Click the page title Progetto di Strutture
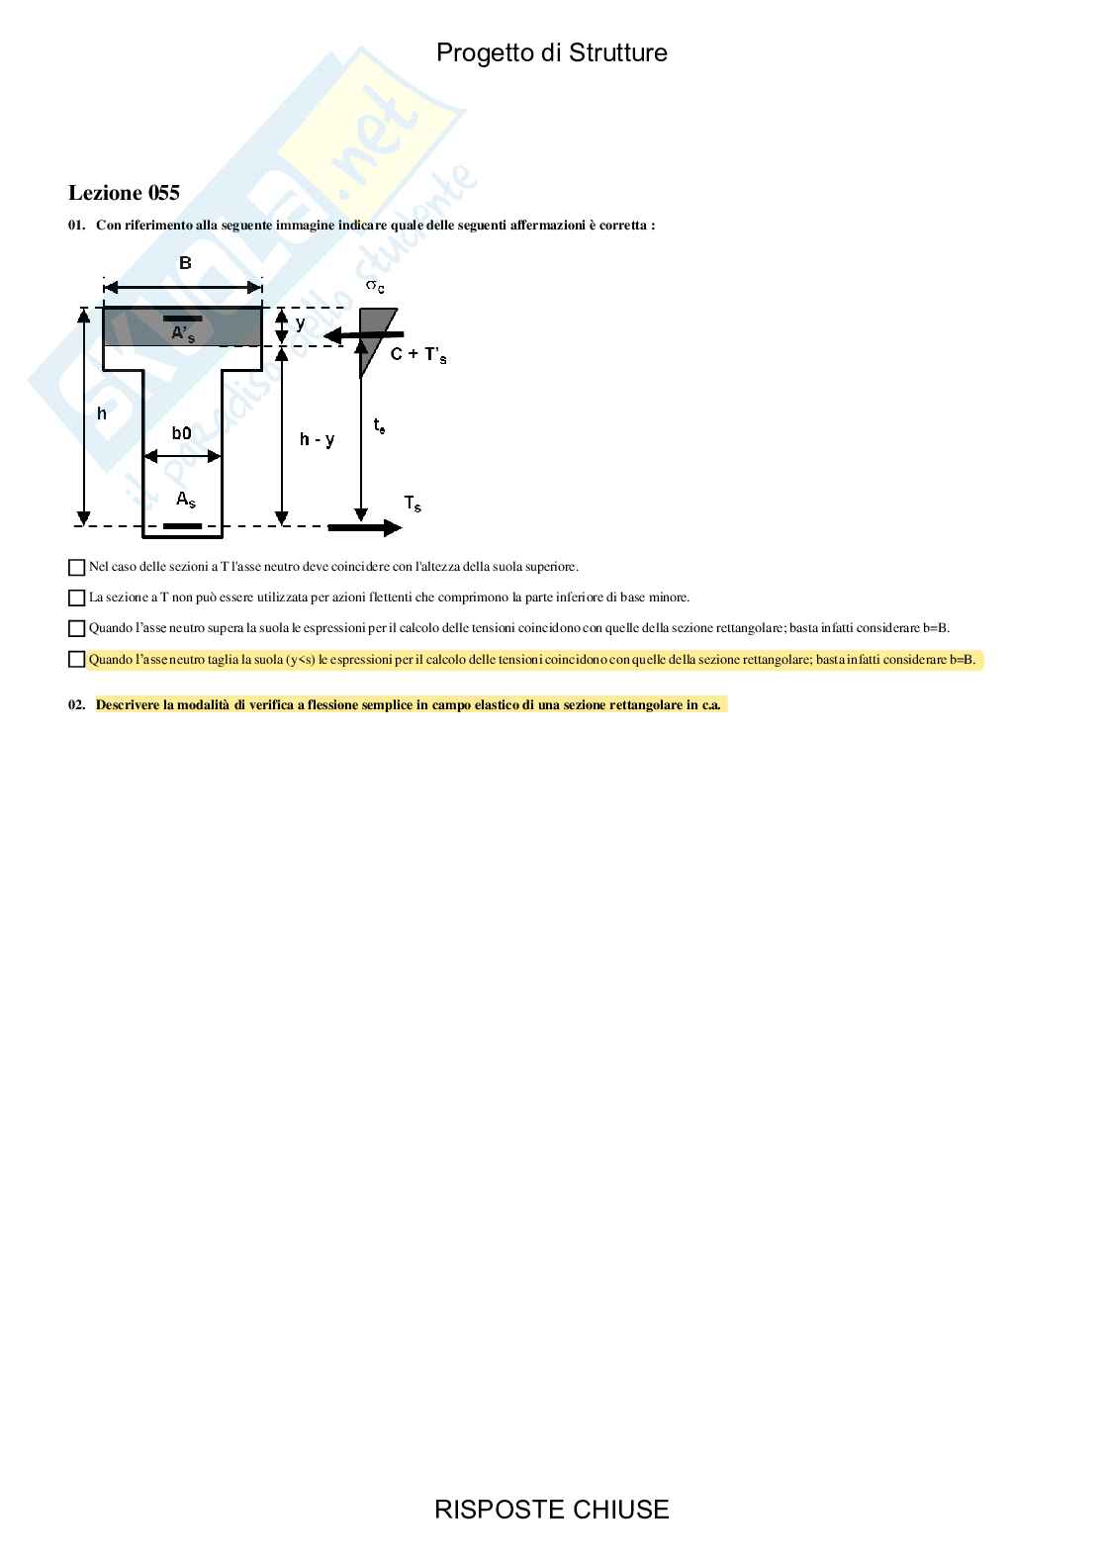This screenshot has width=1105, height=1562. [x=551, y=53]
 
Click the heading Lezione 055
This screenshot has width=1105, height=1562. [x=124, y=193]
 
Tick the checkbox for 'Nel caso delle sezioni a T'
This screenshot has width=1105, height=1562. [x=76, y=568]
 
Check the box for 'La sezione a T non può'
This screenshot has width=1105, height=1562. [x=76, y=597]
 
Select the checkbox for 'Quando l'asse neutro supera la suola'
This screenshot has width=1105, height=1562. [x=76, y=628]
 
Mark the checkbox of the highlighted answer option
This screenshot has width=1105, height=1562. [x=76, y=659]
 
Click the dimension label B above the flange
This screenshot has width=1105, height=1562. [x=185, y=263]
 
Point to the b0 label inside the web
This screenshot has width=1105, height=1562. [x=181, y=433]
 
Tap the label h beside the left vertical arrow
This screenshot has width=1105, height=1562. [x=102, y=413]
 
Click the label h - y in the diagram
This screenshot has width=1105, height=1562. [x=317, y=439]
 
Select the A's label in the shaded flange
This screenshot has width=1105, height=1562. [x=183, y=334]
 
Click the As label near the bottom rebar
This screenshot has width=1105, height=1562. [x=185, y=501]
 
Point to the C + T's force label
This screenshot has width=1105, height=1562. [x=418, y=354]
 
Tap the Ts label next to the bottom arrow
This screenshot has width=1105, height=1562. [x=413, y=504]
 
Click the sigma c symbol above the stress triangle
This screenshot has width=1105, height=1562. [x=375, y=286]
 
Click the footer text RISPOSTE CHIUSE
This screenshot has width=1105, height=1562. [x=551, y=1510]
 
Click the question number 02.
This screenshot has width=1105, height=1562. [x=77, y=705]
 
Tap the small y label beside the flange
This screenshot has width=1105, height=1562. [x=301, y=322]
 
